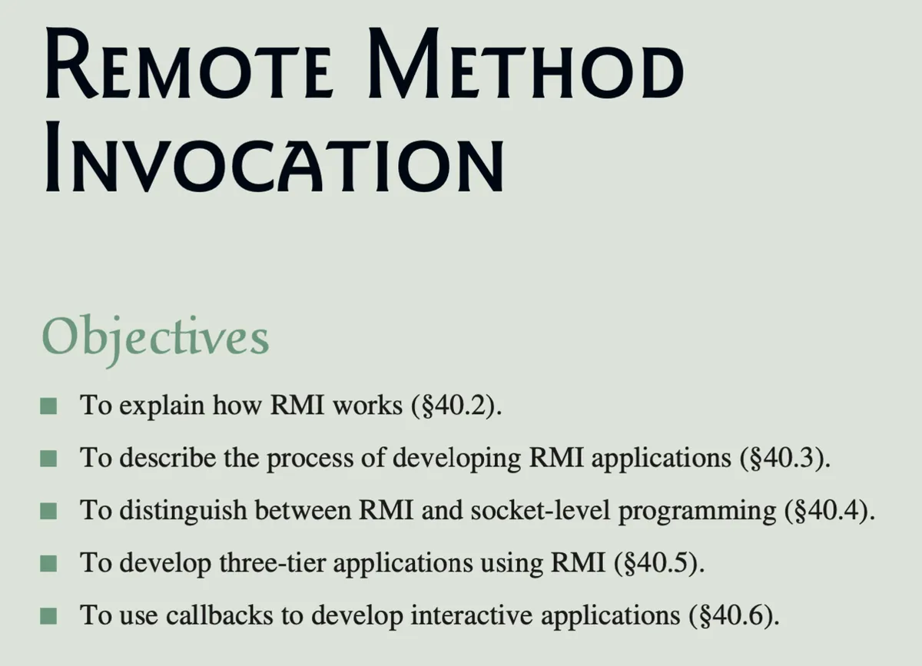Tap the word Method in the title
pos(526,62)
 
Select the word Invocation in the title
pos(274,157)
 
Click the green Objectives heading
pos(155,340)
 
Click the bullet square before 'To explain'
pos(48,406)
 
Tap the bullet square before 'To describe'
pos(48,459)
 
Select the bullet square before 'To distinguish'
pos(48,512)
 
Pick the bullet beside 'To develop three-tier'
pos(48,564)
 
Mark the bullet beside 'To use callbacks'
pos(48,617)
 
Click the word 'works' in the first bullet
pos(367,406)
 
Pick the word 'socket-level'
pos(540,511)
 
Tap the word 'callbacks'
pos(220,616)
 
